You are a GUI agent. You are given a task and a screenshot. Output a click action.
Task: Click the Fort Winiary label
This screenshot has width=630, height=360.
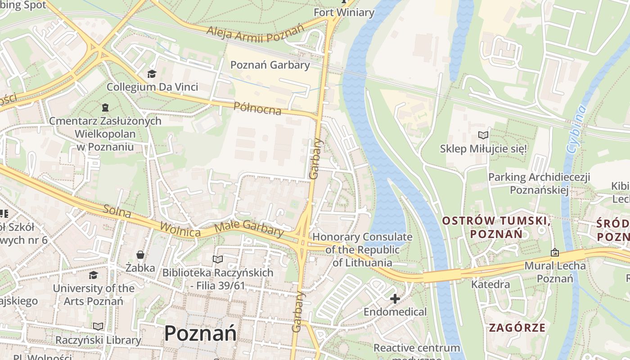coord(344,12)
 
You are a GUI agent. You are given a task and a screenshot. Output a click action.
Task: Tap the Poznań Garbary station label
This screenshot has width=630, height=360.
coord(270,65)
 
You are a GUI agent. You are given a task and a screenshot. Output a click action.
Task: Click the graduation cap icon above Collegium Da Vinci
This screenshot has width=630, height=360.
coord(152,73)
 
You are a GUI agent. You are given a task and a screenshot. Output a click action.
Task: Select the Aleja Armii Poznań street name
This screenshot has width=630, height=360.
coord(255,33)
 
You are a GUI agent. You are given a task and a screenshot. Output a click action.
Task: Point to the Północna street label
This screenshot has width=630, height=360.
coord(257,108)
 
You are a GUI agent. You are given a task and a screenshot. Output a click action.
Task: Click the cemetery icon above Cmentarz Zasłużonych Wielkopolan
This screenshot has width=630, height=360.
coord(105,108)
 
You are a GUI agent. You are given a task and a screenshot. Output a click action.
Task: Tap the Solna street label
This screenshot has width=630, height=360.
coord(117,211)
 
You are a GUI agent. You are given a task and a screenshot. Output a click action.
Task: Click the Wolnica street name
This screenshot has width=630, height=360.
coord(180,229)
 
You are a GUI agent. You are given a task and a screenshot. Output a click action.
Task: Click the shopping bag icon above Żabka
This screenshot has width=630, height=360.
coord(140,255)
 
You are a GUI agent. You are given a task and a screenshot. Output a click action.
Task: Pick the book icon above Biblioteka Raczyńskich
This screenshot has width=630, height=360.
coord(218,259)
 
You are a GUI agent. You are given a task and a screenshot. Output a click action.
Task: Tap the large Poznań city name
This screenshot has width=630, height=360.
coord(200,333)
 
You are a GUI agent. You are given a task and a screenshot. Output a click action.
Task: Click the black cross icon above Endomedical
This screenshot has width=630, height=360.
coord(395,298)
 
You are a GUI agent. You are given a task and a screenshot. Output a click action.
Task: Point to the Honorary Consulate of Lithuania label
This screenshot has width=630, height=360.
coord(362,249)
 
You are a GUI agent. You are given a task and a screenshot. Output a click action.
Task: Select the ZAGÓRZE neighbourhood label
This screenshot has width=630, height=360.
coord(517,327)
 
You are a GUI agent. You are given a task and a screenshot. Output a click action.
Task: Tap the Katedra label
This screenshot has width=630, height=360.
coord(490,284)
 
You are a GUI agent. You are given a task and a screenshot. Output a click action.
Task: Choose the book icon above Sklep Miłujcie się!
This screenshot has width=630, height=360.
coord(483,135)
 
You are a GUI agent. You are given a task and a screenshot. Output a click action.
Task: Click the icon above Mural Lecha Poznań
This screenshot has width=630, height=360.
coord(554,252)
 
